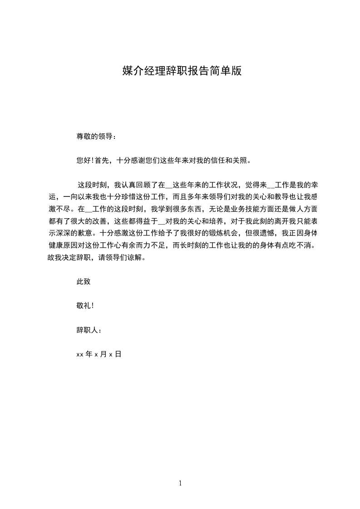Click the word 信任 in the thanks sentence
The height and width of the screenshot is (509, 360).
(220, 160)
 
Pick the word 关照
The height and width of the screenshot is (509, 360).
(242, 160)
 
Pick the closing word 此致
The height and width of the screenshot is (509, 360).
(84, 281)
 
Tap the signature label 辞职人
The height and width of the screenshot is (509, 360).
(87, 330)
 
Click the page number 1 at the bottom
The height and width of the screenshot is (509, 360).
(180, 483)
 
